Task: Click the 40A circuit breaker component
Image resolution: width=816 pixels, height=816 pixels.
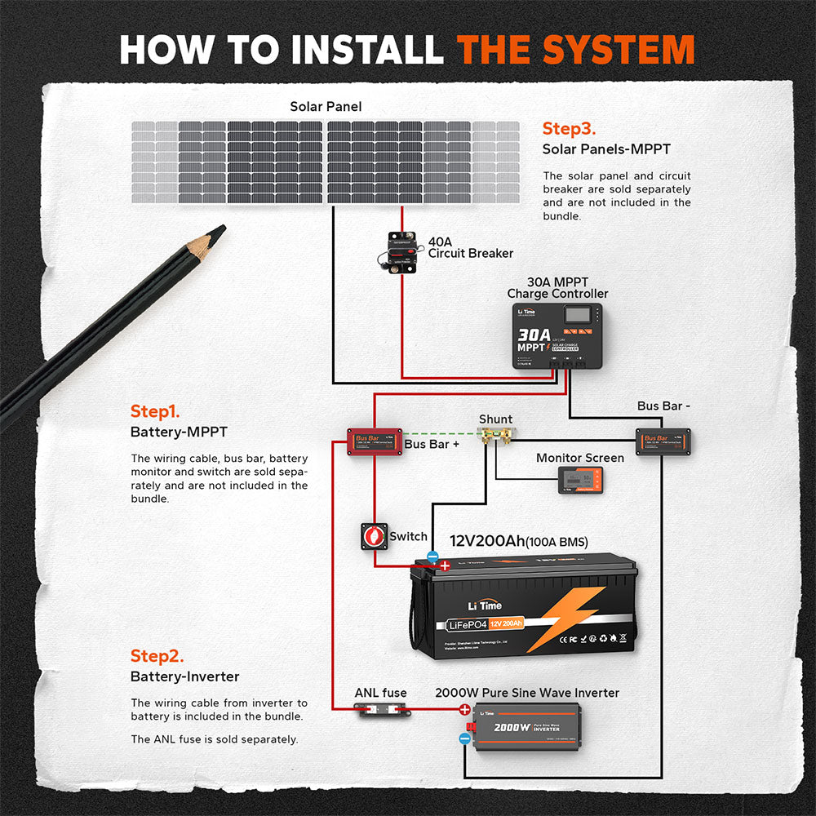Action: click(x=400, y=253)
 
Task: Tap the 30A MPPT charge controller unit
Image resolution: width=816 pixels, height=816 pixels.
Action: click(x=558, y=336)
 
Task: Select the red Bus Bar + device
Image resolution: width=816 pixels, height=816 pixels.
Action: click(x=371, y=441)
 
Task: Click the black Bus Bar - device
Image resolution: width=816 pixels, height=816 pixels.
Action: click(x=663, y=441)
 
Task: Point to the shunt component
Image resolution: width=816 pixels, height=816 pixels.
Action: click(x=495, y=438)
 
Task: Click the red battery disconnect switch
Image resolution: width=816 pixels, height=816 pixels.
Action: click(x=375, y=536)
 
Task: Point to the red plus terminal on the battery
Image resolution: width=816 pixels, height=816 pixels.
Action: click(x=445, y=565)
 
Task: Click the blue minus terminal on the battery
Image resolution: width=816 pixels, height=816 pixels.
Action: click(x=432, y=557)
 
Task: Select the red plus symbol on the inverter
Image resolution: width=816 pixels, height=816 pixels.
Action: click(x=464, y=710)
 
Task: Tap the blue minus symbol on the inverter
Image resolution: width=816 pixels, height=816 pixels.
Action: click(x=464, y=738)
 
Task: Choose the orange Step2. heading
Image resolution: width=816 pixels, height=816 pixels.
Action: click(x=157, y=656)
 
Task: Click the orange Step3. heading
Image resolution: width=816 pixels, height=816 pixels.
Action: click(x=569, y=129)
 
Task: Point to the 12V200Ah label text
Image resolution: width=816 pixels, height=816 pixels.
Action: click(x=487, y=541)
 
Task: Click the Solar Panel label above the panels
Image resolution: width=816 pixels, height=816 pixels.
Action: click(x=326, y=107)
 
